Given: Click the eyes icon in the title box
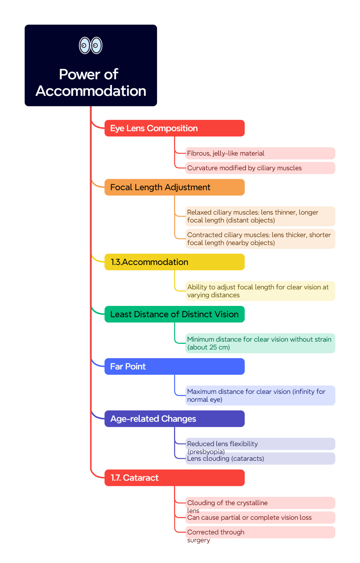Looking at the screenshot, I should point(91,45).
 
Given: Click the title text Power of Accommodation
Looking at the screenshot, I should point(91,83).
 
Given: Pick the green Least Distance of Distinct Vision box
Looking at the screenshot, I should point(174,314).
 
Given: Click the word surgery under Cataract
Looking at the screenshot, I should point(198,540).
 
